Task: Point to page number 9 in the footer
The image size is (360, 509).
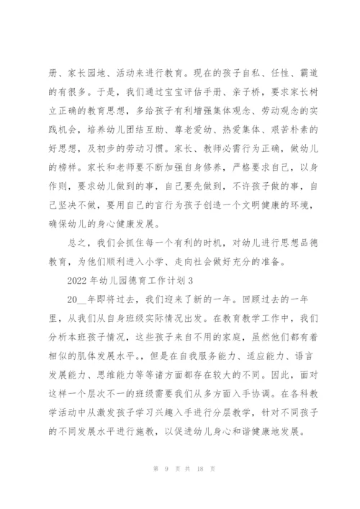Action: point(165,488)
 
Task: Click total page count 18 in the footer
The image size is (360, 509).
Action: point(195,488)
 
